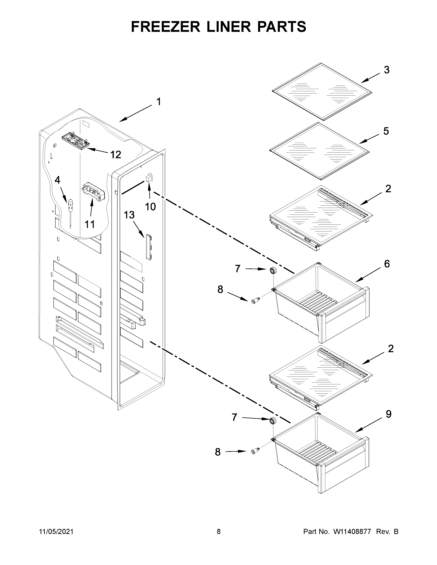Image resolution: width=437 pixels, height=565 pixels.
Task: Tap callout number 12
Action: (116, 155)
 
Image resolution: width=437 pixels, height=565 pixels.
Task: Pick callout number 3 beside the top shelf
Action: (386, 70)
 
